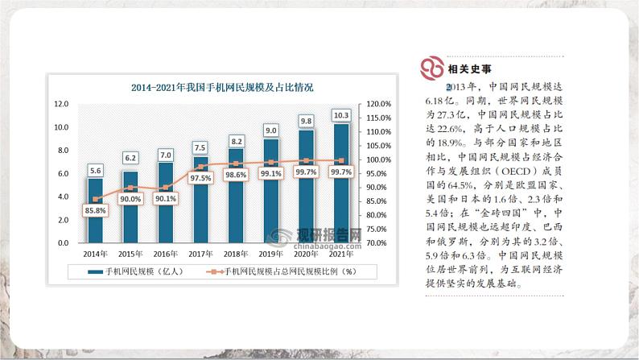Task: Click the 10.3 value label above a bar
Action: click(x=341, y=115)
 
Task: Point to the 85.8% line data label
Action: click(x=96, y=211)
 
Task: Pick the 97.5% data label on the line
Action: click(x=201, y=178)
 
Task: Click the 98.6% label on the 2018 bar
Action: click(x=236, y=175)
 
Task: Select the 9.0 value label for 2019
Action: click(x=271, y=130)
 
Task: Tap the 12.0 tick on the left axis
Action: click(x=61, y=104)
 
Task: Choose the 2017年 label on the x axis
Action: click(x=201, y=254)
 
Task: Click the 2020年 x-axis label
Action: click(x=307, y=254)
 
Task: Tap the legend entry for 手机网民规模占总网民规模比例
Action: click(x=282, y=271)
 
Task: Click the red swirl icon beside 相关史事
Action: click(x=432, y=68)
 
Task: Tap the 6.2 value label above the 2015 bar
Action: click(x=130, y=158)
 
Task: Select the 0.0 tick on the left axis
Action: click(x=63, y=242)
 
